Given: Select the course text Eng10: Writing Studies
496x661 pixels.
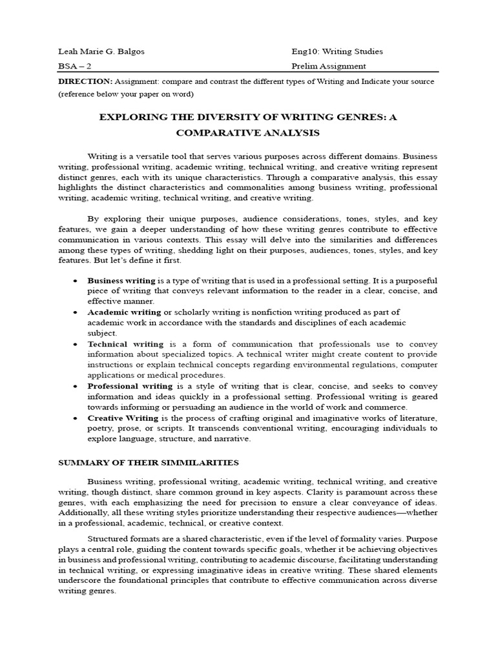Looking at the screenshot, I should click(x=336, y=51).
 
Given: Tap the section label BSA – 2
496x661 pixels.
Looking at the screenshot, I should click(x=73, y=66).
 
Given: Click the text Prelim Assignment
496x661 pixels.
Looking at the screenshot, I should click(x=329, y=66).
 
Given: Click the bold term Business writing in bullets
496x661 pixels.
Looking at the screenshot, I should click(x=121, y=281).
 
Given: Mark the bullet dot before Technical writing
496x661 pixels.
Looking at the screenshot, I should click(x=76, y=345).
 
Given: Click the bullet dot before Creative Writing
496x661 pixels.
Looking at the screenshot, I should click(x=76, y=418).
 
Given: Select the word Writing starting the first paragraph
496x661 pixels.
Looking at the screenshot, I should click(x=103, y=156).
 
